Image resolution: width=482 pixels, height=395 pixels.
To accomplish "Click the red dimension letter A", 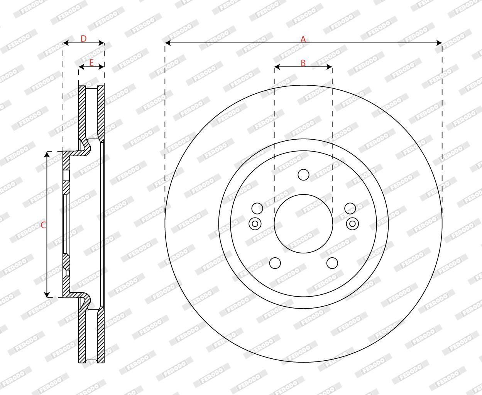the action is pyautogui.click(x=303, y=39).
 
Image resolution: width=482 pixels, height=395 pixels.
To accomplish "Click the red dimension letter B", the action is pyautogui.click(x=303, y=63).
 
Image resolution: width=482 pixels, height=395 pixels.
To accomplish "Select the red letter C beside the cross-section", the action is pyautogui.click(x=43, y=225).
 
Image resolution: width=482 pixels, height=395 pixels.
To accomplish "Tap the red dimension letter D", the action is pyautogui.click(x=84, y=39).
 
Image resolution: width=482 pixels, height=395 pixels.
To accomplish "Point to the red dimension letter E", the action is pyautogui.click(x=91, y=62).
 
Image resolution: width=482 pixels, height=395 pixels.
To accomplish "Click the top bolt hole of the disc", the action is pyautogui.click(x=303, y=175).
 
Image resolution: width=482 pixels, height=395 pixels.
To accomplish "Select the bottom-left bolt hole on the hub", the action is pyautogui.click(x=275, y=263).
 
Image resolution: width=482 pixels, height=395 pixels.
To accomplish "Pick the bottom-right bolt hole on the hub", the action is pyautogui.click(x=332, y=263).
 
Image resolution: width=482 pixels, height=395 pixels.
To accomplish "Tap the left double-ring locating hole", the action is pyautogui.click(x=255, y=224).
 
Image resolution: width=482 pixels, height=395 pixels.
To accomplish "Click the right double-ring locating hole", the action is pyautogui.click(x=352, y=224).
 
